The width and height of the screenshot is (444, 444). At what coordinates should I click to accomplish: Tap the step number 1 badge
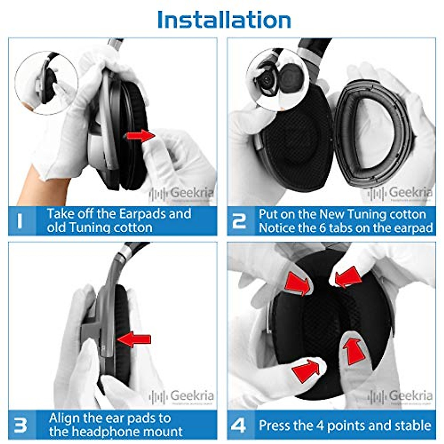tap(20, 221)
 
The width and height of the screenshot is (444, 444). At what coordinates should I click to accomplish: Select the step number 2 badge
tap(239, 221)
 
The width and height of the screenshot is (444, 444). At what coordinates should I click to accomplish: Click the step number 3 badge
tap(20, 425)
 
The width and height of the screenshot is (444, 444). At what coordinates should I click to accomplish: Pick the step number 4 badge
tap(238, 425)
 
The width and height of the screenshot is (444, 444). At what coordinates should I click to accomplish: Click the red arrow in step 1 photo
tap(141, 136)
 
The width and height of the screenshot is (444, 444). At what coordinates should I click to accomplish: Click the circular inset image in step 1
tap(46, 82)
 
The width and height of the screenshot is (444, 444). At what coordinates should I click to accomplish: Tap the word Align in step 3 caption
tap(64, 418)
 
